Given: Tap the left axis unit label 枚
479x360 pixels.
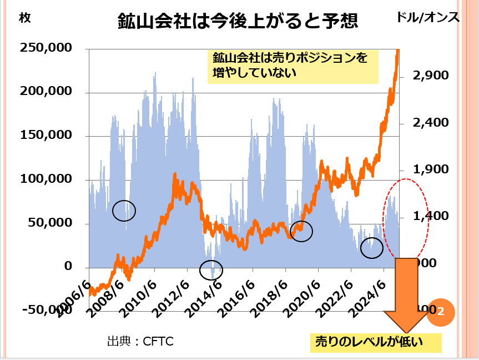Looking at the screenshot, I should (x=25, y=17).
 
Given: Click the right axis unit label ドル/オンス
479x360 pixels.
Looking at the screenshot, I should (x=428, y=17).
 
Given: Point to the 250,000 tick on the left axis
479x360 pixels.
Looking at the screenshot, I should (x=46, y=48).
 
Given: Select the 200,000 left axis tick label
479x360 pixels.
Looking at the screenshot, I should (x=46, y=92).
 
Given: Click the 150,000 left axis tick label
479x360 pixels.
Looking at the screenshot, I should (x=46, y=135).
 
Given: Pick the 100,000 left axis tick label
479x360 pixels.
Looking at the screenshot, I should (x=46, y=179).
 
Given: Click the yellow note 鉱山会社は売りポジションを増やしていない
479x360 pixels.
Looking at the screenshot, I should (x=293, y=65).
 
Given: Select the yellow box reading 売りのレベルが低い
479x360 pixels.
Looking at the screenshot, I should (x=375, y=342).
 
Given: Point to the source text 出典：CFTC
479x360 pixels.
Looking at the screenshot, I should (x=140, y=341).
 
